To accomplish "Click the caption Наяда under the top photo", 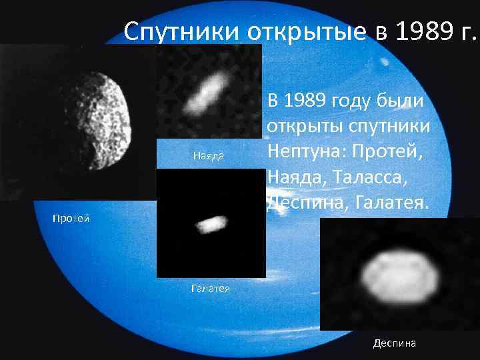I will click(208, 156).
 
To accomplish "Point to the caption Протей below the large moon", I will click(71, 219).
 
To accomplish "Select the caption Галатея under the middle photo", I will click(210, 289).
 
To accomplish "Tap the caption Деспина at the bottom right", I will click(395, 343).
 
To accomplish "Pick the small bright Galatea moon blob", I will click(209, 224).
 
